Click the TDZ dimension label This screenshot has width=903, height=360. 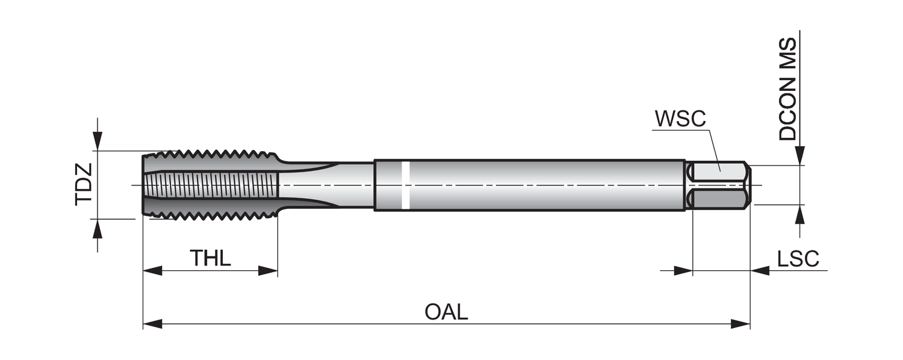84,184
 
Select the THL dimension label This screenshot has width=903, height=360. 210,258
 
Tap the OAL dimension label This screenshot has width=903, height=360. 446,312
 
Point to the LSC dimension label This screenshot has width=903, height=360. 798,259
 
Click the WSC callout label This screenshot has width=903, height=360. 680,119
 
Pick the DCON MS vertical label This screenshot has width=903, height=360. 787,89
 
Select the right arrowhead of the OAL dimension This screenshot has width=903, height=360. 740,324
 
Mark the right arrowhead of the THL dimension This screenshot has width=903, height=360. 268,271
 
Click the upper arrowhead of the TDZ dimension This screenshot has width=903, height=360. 98,141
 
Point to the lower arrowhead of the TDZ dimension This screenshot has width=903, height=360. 98,229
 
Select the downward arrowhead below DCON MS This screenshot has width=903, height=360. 799,154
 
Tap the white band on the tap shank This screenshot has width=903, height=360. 406,185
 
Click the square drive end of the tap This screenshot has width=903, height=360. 719,185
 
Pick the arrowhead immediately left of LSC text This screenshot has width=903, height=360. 760,271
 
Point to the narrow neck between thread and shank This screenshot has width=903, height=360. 325,185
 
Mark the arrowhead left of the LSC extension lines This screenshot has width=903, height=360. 683,271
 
